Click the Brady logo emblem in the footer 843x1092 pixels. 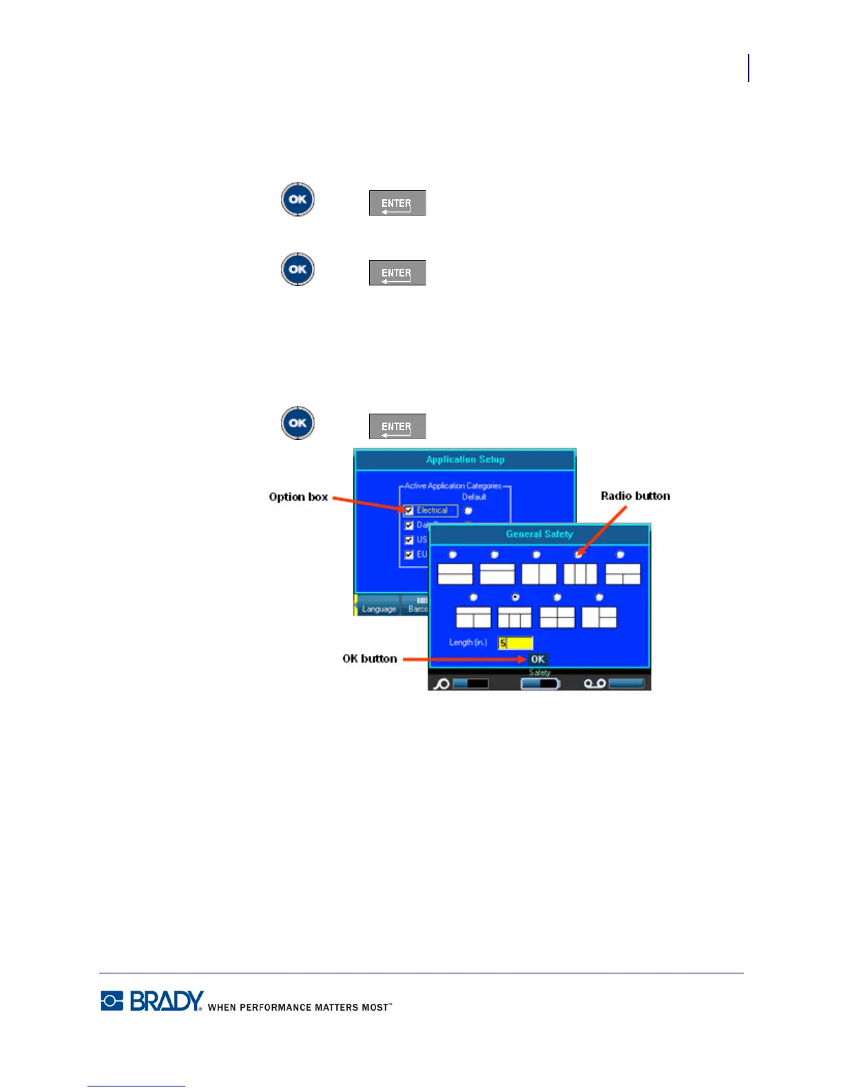pos(112,1000)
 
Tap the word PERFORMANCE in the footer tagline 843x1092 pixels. pos(275,1007)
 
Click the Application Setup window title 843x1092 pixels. pos(465,460)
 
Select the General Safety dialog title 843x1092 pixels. pos(539,534)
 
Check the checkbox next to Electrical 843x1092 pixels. pos(409,511)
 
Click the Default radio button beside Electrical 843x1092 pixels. pos(468,511)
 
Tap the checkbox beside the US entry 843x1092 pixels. pos(409,540)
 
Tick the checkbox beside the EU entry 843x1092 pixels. pos(409,554)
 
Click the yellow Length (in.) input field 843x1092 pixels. pos(515,643)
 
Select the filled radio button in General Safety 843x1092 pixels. pos(515,597)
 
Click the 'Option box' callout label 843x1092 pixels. pos(298,497)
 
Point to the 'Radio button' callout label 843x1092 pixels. pos(635,496)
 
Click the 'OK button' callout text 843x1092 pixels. pos(370,658)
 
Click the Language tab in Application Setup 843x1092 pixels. pos(379,609)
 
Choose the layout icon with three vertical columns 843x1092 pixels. pos(580,574)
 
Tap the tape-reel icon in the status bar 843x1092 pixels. pos(595,683)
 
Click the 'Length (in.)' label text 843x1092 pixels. pos(468,643)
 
